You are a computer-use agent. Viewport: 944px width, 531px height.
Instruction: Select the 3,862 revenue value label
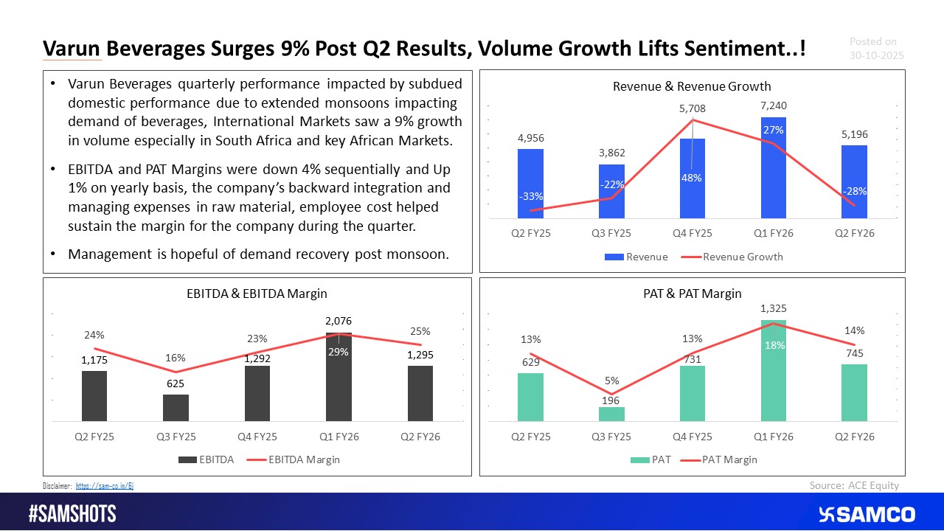tap(611, 153)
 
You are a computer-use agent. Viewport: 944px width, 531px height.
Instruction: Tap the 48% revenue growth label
tap(692, 178)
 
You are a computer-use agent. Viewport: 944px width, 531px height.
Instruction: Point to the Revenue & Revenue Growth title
tap(692, 86)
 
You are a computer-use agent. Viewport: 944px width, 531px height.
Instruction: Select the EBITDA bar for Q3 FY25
tap(176, 408)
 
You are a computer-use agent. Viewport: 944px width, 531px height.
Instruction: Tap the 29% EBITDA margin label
tap(339, 352)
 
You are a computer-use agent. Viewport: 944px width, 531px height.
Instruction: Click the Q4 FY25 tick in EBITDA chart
tap(257, 437)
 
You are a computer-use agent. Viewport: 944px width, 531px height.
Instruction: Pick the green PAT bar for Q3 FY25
tap(611, 414)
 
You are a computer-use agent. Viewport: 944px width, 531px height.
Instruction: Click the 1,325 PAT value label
tap(773, 308)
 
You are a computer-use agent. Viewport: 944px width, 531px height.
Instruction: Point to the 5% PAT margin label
tap(611, 381)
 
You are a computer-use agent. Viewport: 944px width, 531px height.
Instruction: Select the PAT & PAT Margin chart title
tap(692, 294)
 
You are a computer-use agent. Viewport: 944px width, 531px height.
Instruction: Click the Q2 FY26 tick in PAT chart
tap(854, 437)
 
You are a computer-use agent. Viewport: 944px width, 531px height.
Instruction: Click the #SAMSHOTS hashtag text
tap(72, 514)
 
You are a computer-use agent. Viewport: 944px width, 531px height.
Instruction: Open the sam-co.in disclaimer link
tap(105, 486)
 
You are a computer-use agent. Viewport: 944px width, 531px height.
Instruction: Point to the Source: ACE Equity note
tap(854, 485)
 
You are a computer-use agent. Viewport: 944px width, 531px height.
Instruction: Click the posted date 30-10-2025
tap(876, 55)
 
